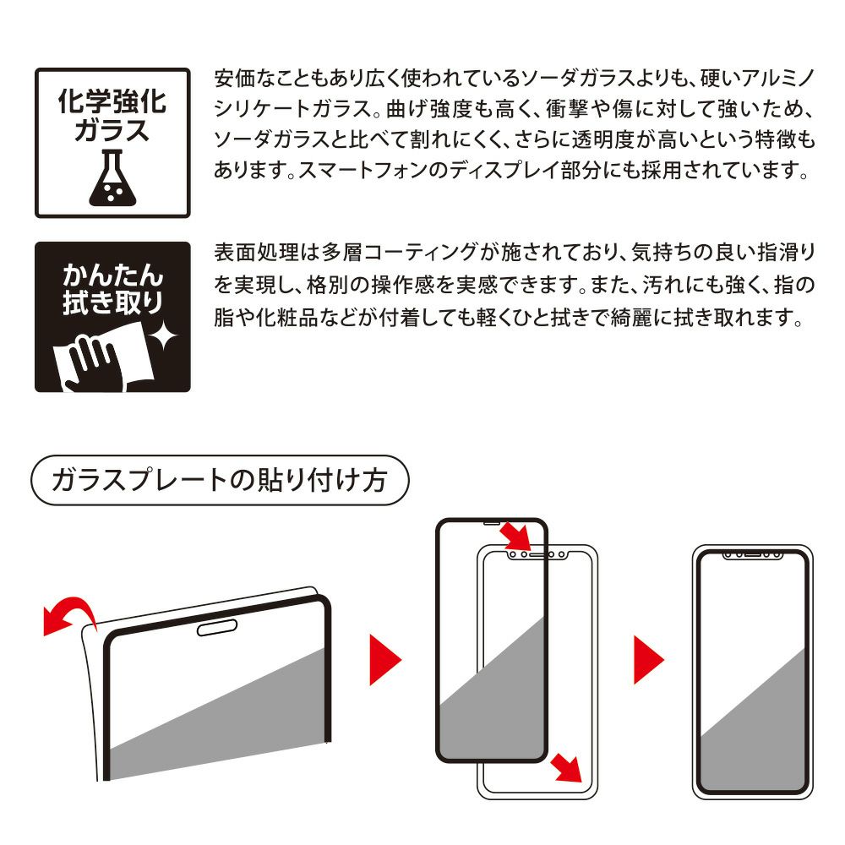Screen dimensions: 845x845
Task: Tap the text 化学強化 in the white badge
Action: tap(112, 101)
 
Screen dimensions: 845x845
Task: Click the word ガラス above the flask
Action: tap(112, 131)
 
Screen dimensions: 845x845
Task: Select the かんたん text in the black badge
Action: tap(112, 275)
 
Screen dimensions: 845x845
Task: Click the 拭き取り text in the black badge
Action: tap(112, 302)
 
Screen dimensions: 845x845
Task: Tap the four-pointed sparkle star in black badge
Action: tap(163, 336)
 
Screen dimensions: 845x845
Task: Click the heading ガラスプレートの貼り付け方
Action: tap(220, 480)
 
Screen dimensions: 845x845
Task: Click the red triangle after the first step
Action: tap(384, 660)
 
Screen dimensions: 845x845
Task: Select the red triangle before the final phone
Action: tap(648, 660)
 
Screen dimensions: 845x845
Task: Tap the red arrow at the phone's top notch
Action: tap(515, 537)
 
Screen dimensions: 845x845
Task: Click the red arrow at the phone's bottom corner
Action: tap(566, 767)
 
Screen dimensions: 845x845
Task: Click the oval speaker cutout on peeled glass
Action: tap(217, 628)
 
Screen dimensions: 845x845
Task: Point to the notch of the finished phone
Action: tap(752, 554)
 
